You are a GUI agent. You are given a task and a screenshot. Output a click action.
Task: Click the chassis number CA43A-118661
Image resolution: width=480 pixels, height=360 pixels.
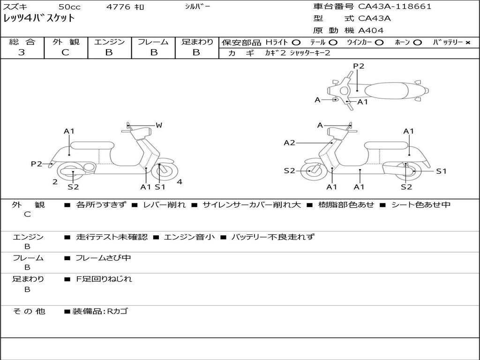click(x=395, y=7)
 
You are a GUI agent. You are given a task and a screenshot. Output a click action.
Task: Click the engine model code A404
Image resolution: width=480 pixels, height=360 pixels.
click(x=371, y=30)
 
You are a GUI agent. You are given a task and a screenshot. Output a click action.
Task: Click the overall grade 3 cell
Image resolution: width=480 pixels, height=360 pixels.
click(x=22, y=52)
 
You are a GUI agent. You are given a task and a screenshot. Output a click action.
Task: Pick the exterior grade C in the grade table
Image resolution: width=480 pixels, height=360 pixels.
click(x=66, y=52)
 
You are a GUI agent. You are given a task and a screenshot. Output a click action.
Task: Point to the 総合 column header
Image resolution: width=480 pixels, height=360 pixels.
click(x=22, y=42)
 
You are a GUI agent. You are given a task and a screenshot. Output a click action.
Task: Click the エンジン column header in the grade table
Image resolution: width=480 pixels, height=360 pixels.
click(x=109, y=42)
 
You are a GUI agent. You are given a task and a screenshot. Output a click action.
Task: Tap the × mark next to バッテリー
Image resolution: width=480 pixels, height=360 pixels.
click(x=467, y=42)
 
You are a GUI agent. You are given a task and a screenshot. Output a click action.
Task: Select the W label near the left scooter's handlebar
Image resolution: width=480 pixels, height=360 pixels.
click(x=159, y=125)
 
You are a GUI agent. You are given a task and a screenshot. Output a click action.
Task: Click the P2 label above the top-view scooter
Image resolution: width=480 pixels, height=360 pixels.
click(x=359, y=66)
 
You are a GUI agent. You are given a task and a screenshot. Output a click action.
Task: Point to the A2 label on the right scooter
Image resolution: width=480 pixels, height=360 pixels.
click(x=289, y=143)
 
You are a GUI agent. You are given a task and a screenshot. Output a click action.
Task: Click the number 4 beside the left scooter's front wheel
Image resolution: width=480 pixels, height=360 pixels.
click(x=180, y=182)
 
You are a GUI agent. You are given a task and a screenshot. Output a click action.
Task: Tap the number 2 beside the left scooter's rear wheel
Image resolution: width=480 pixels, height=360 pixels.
click(x=55, y=182)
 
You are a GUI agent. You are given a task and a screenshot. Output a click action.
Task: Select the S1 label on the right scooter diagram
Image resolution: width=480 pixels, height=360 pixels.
click(x=441, y=171)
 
